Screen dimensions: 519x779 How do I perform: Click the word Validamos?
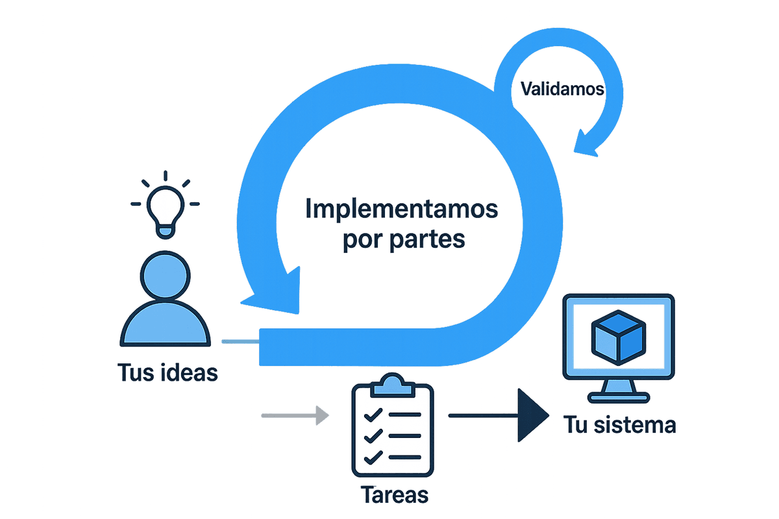562,89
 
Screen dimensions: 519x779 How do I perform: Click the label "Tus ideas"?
167,373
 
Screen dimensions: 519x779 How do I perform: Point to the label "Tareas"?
394,495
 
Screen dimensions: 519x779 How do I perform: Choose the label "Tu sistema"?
619,426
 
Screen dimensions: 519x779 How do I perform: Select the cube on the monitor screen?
619,338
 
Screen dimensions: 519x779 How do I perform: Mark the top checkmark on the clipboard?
372,414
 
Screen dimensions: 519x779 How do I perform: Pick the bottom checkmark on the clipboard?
372,458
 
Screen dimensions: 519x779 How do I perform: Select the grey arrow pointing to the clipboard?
293,415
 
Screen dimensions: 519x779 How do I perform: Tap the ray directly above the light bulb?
166,176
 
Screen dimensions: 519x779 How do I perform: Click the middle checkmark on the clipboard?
372,436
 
